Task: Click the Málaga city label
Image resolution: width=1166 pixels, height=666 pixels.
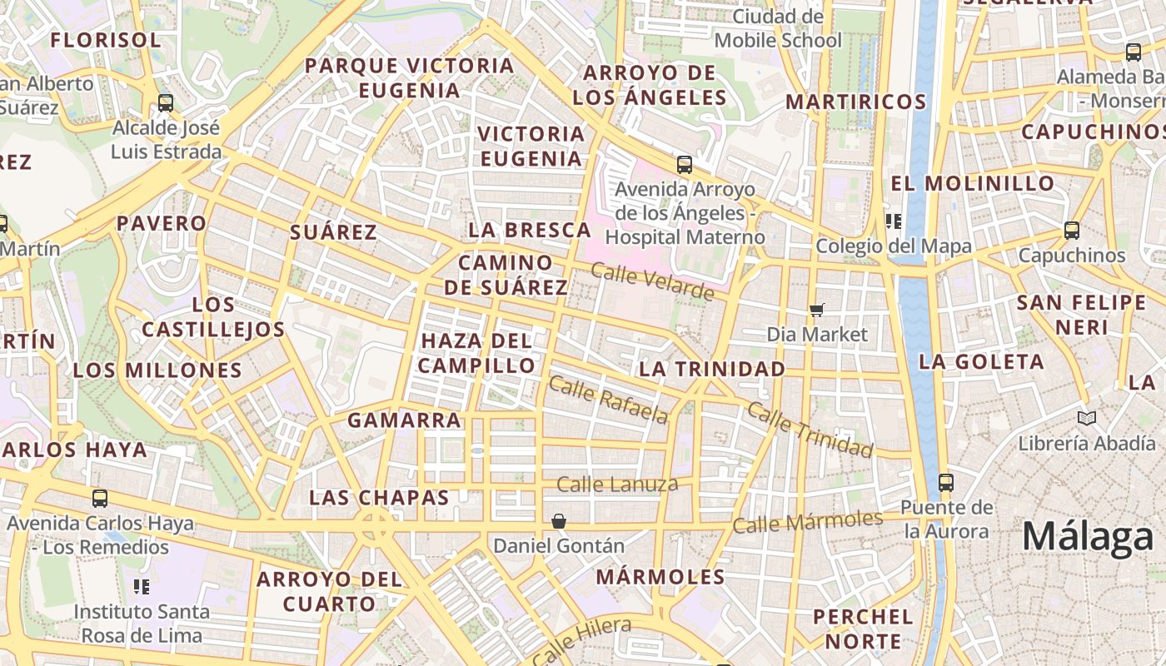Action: tap(1088, 537)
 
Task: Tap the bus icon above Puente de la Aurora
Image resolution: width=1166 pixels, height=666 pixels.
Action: tap(945, 482)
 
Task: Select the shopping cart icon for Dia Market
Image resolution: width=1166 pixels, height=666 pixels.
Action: tap(816, 310)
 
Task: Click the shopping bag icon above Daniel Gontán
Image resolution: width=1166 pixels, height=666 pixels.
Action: tap(559, 521)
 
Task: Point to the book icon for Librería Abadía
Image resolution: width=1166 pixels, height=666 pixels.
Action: tap(1086, 418)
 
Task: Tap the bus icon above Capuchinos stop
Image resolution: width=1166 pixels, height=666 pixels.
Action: tap(1072, 231)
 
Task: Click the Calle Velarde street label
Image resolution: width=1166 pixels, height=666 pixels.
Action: tap(652, 281)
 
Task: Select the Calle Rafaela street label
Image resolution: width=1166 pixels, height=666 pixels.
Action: tap(609, 400)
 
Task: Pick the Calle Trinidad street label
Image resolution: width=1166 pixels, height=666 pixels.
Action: tap(810, 430)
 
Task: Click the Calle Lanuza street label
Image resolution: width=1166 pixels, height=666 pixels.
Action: tap(617, 485)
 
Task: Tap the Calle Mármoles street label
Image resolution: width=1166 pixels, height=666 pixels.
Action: tap(807, 522)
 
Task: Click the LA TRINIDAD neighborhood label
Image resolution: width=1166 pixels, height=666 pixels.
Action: tap(712, 369)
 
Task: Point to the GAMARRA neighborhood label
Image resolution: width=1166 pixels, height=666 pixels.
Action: tap(404, 420)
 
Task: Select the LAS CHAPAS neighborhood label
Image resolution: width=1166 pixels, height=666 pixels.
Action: tap(379, 498)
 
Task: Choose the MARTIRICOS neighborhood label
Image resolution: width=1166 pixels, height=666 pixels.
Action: tap(856, 102)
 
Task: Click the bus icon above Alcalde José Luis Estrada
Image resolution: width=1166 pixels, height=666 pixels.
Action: tap(166, 103)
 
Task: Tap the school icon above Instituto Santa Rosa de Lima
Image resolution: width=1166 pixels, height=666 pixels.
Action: tap(141, 587)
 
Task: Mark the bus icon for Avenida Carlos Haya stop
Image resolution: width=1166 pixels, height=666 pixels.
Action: tap(100, 499)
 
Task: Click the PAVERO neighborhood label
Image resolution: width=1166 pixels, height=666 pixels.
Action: tap(161, 223)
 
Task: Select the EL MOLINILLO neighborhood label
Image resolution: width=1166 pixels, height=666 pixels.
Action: tap(973, 183)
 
